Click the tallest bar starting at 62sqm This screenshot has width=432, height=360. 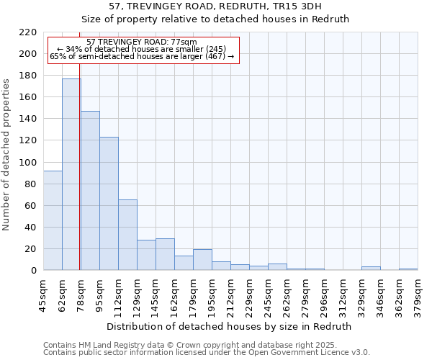coord(71,174)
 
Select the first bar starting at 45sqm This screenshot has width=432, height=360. coord(53,220)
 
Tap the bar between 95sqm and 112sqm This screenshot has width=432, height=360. coord(109,204)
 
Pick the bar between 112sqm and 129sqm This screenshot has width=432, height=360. coord(127,235)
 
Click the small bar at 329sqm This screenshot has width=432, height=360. coord(371,269)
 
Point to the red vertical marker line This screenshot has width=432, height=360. coord(79,180)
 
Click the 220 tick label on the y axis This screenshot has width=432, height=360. coord(27,32)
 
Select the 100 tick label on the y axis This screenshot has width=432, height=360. coord(27,163)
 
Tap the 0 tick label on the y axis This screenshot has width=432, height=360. coord(33,271)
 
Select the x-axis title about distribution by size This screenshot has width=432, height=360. coord(228,326)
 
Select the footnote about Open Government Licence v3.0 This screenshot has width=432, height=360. coord(207,352)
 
